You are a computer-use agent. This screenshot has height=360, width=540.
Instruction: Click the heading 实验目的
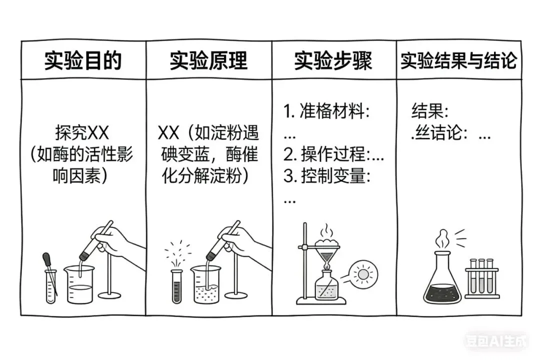pyautogui.click(x=83, y=60)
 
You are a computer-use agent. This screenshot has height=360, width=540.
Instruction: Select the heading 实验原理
pyautogui.click(x=208, y=60)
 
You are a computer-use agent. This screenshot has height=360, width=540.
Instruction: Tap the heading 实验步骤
pyautogui.click(x=333, y=60)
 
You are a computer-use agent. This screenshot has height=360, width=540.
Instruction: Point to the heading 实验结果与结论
pyautogui.click(x=458, y=60)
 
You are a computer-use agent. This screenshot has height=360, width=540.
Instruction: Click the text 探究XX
pyautogui.click(x=82, y=133)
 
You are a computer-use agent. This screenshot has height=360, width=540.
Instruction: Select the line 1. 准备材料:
pyautogui.click(x=327, y=111)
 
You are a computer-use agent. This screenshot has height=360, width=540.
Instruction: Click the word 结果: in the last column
pyautogui.click(x=430, y=110)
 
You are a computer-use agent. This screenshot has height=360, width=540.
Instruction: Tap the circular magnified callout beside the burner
pyautogui.click(x=362, y=274)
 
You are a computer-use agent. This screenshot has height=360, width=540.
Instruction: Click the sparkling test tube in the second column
pyautogui.click(x=176, y=286)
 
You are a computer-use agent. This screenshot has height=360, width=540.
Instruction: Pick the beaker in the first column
pyautogui.click(x=80, y=285)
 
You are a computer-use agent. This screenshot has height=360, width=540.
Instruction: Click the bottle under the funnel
pyautogui.click(x=327, y=287)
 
